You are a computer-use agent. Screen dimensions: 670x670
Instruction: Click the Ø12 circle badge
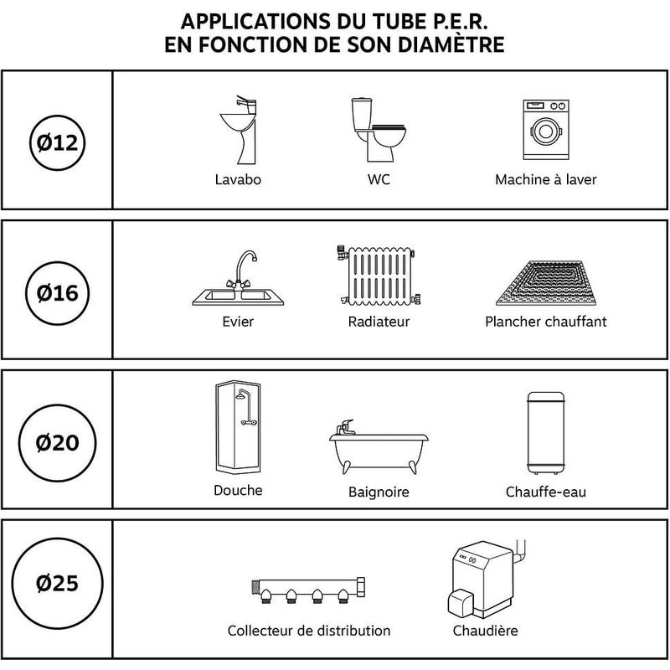[57, 142]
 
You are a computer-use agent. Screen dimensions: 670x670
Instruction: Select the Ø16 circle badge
[57, 292]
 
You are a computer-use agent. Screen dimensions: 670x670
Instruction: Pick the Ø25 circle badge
[57, 582]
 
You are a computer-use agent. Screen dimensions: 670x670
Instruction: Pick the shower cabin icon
[237, 429]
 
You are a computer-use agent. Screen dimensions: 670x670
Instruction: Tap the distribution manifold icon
[309, 590]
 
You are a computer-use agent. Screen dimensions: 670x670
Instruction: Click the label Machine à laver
[545, 180]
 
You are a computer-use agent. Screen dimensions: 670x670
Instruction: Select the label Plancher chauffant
[545, 322]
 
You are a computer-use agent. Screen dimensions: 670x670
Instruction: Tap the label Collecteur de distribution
[309, 631]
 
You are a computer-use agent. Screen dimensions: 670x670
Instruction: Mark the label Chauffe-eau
[545, 492]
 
